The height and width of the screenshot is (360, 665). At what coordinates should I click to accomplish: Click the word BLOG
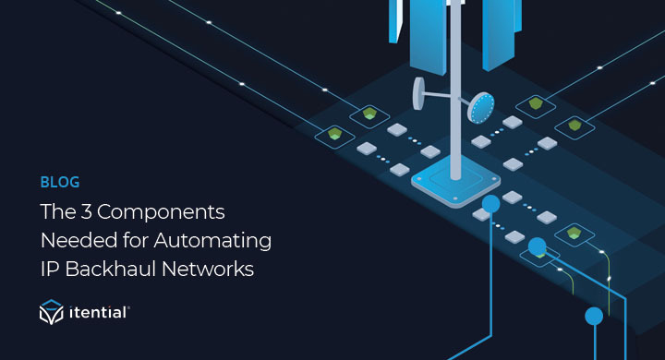click(x=60, y=182)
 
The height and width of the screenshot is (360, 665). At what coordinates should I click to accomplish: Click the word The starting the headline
click(x=56, y=211)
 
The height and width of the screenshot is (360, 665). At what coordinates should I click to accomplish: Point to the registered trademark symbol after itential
click(x=129, y=308)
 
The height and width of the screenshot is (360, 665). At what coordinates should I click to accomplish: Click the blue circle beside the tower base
click(x=490, y=202)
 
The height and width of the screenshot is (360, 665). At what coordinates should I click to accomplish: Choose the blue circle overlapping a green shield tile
click(x=537, y=246)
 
